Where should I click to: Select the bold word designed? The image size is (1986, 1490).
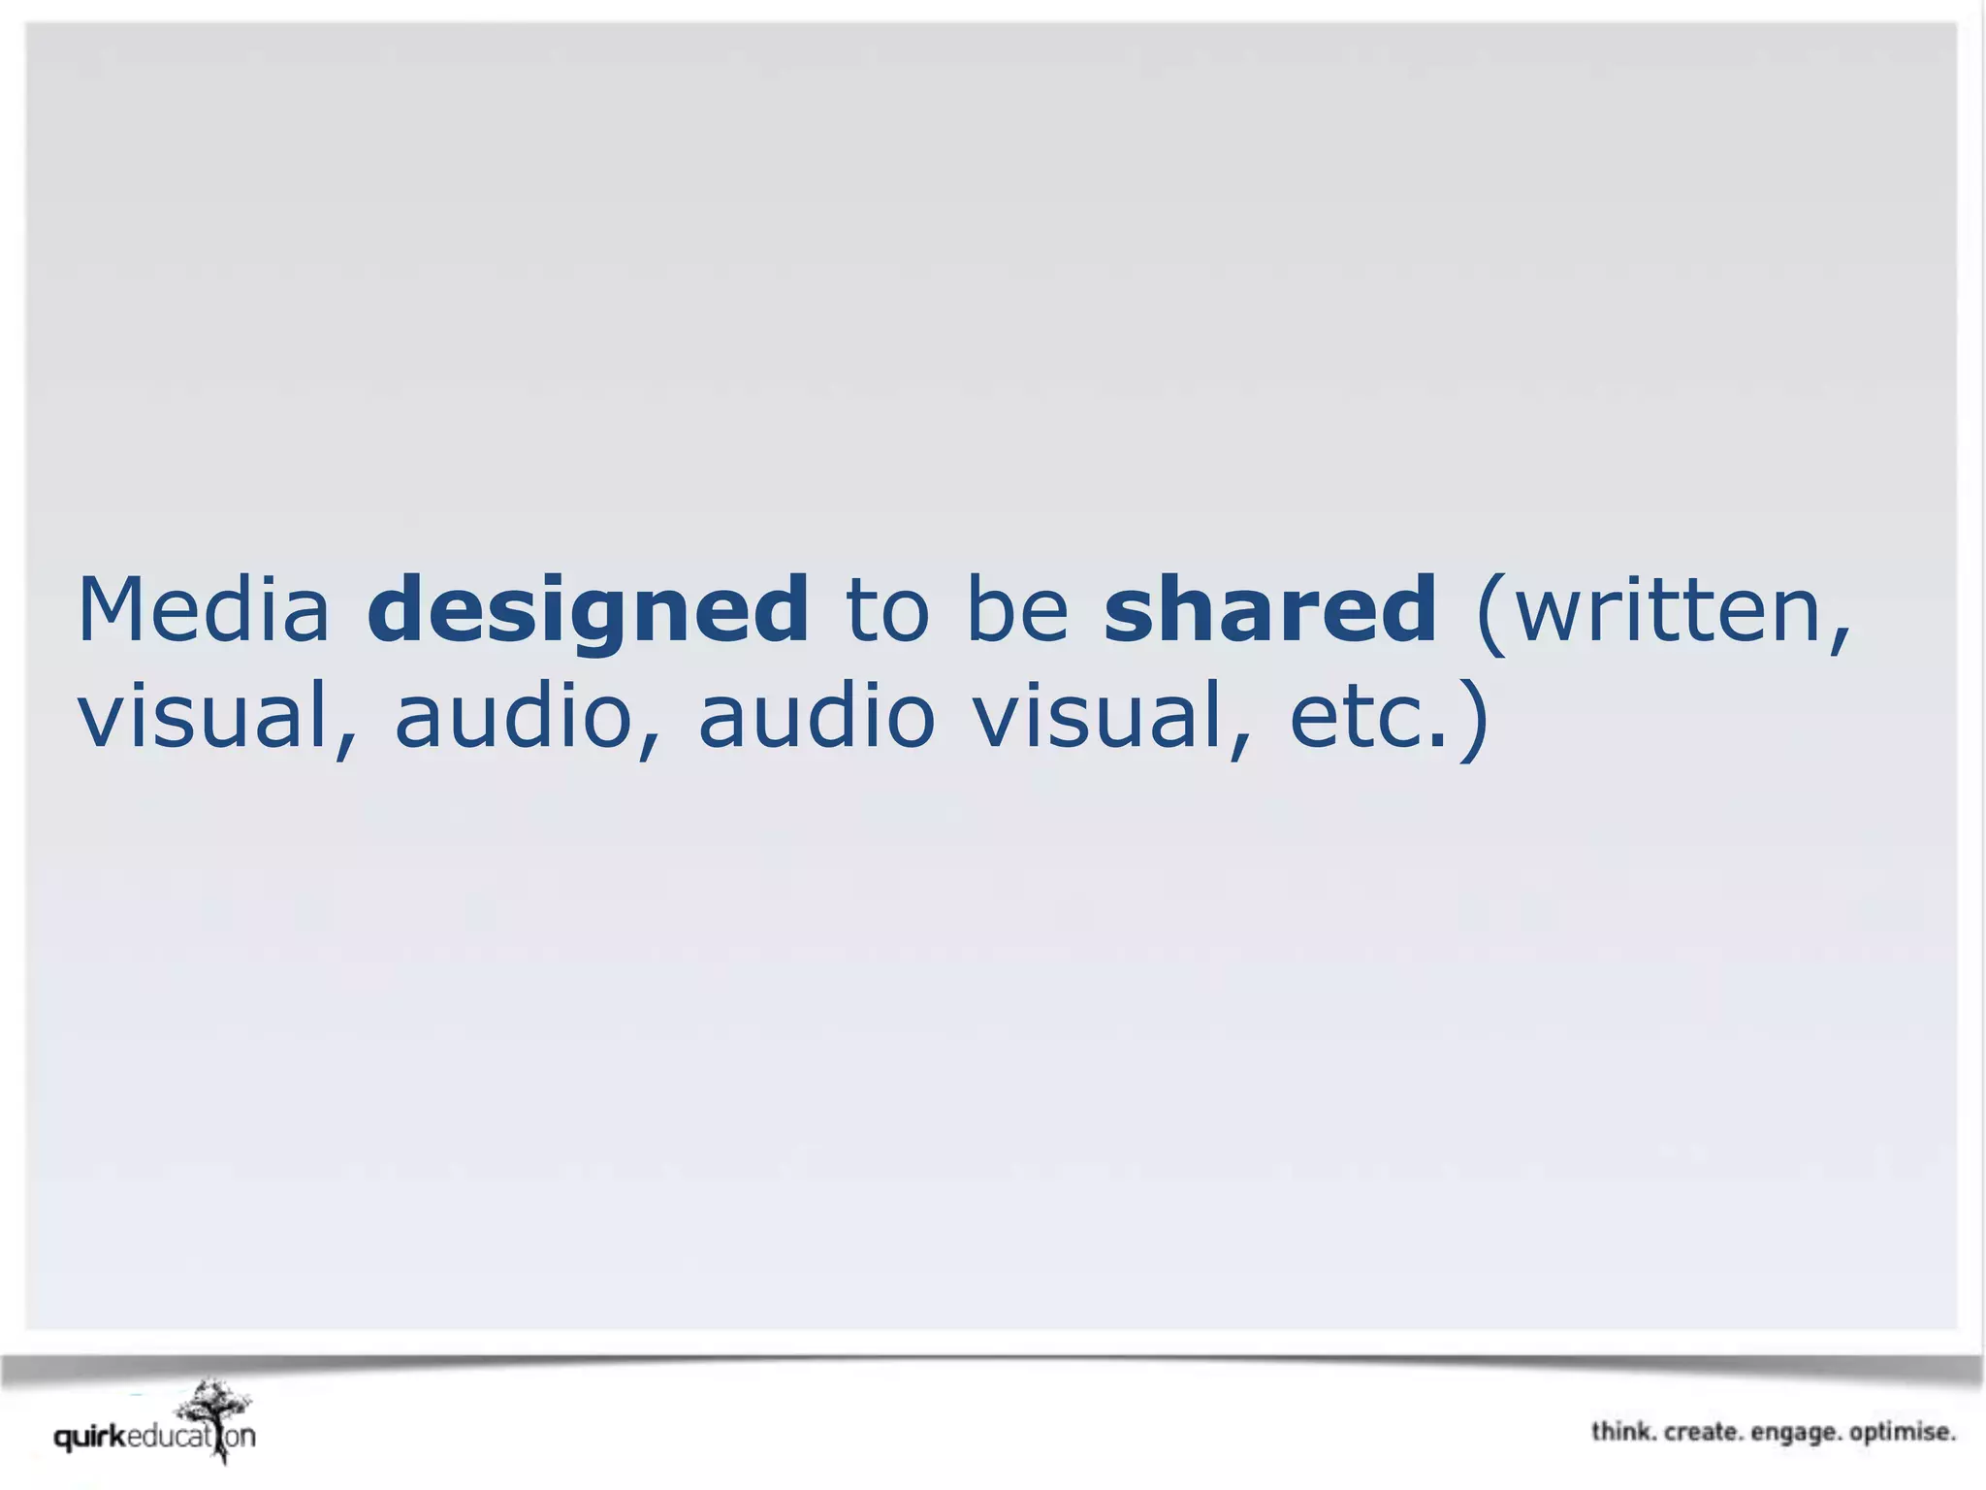pyautogui.click(x=588, y=611)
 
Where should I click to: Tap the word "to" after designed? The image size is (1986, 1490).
pyautogui.click(x=887, y=611)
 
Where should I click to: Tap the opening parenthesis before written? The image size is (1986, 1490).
pyautogui.click(x=1491, y=613)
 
